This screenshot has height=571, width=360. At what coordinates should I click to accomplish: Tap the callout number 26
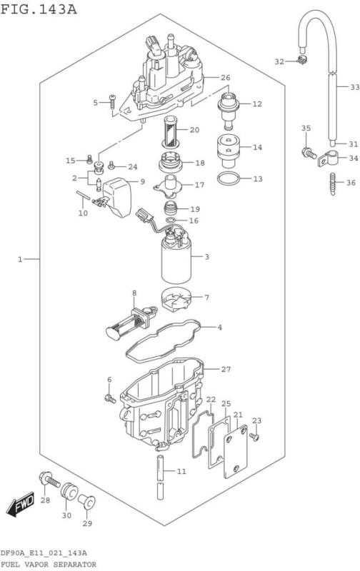click(x=224, y=77)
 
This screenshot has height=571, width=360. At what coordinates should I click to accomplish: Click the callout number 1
click(x=21, y=259)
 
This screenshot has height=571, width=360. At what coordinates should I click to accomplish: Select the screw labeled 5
click(x=112, y=103)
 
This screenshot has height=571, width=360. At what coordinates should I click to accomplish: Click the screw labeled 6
click(x=110, y=398)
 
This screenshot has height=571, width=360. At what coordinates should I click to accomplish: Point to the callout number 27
click(x=226, y=369)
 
